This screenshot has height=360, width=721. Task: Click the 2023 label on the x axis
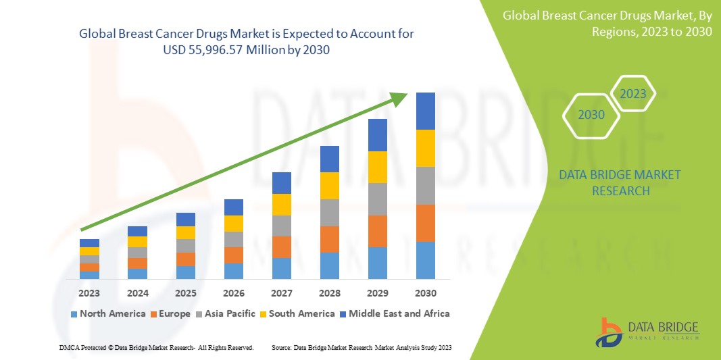(89, 293)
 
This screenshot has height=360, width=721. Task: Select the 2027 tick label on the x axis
(282, 293)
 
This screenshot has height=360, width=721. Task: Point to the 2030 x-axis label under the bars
(426, 293)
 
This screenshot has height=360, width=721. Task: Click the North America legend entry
(107, 313)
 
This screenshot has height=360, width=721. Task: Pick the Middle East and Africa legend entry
(396, 313)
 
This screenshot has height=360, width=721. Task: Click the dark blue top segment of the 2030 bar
(426, 111)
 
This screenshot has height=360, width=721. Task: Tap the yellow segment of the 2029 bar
(378, 167)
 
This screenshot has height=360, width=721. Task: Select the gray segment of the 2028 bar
(330, 212)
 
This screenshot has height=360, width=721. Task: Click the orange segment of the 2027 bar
(282, 247)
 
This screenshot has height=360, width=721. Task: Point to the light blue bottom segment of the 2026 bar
(234, 271)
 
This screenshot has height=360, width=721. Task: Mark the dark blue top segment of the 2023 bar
(89, 243)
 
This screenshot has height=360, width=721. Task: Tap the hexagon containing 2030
(591, 115)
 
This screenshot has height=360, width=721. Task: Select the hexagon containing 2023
(633, 94)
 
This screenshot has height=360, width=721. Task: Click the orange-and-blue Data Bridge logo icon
(610, 332)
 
